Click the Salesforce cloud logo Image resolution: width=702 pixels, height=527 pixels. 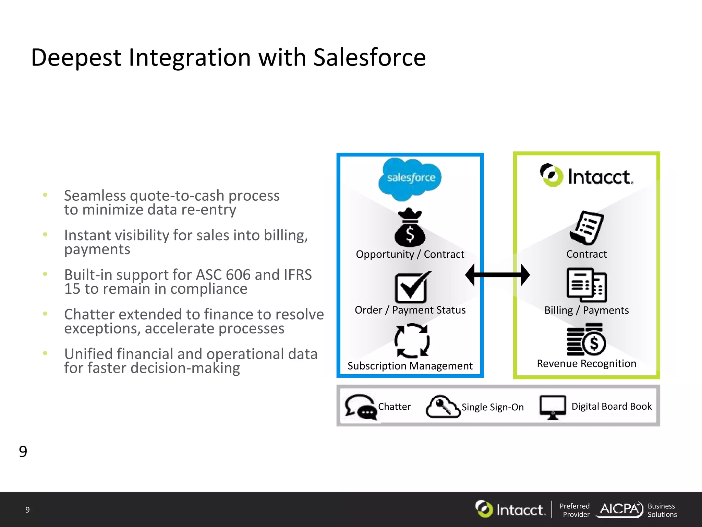(410, 178)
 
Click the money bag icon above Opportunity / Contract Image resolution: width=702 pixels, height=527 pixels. (410, 228)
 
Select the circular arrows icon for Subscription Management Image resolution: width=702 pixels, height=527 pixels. (412, 341)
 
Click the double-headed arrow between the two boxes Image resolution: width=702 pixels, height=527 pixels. (497, 275)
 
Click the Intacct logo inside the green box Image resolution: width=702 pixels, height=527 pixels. (586, 176)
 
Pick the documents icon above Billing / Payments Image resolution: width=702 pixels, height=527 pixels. (586, 285)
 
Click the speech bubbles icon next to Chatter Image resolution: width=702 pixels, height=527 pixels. (361, 407)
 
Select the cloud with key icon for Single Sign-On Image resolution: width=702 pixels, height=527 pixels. (443, 407)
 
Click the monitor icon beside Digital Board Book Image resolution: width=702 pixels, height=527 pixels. (552, 407)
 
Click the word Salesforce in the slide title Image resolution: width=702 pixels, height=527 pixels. (369, 57)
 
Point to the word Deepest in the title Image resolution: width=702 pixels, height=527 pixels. (76, 58)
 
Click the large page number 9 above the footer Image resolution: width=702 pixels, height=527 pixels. (23, 452)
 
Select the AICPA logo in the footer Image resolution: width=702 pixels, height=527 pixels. (620, 510)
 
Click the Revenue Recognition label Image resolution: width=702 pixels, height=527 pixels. (586, 363)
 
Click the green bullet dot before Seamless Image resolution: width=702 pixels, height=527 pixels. (45, 195)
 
